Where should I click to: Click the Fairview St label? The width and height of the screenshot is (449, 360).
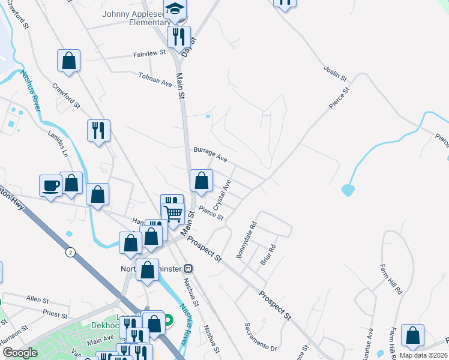(x=149, y=53)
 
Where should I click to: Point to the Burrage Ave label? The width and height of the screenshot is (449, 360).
(x=210, y=155)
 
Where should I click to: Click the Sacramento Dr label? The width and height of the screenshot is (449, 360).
(x=260, y=337)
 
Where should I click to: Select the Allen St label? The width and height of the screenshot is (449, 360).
(x=37, y=298)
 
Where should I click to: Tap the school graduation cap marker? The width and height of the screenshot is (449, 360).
(x=175, y=9)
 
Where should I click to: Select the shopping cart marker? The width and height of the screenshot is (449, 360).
(x=173, y=212)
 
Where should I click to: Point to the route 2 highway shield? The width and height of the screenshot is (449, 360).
(x=71, y=253)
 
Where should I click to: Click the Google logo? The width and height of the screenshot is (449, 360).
(x=20, y=352)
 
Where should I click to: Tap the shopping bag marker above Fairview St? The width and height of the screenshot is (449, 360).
(x=69, y=60)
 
